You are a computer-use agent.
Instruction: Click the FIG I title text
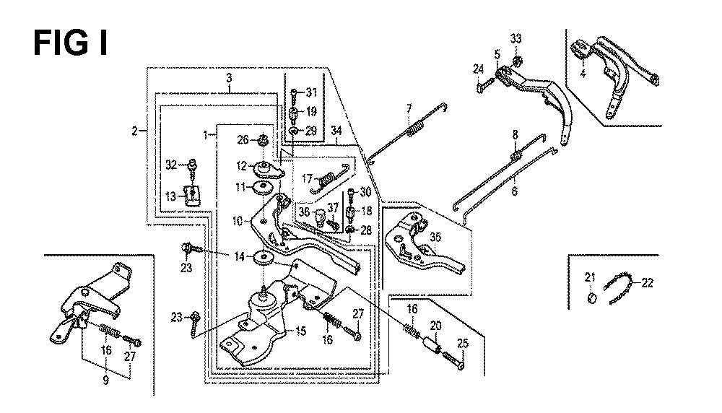tap(71, 44)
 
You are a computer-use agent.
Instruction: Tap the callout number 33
tap(516, 39)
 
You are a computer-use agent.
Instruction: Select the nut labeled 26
tap(264, 139)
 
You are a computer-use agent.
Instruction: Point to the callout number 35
tap(435, 237)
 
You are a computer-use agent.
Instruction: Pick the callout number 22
tap(647, 282)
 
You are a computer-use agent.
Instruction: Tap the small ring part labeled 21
tap(592, 298)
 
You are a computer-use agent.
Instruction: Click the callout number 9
tap(105, 381)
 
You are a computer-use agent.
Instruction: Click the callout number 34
tap(336, 131)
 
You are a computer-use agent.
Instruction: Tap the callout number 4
tap(583, 73)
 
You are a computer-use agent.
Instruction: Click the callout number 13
tap(170, 196)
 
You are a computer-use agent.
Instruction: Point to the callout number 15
tap(300, 331)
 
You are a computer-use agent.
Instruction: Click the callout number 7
tap(409, 110)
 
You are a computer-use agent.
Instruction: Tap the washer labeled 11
tap(264, 188)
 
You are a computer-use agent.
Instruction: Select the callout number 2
tap(134, 131)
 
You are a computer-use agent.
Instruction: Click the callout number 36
tap(304, 212)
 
